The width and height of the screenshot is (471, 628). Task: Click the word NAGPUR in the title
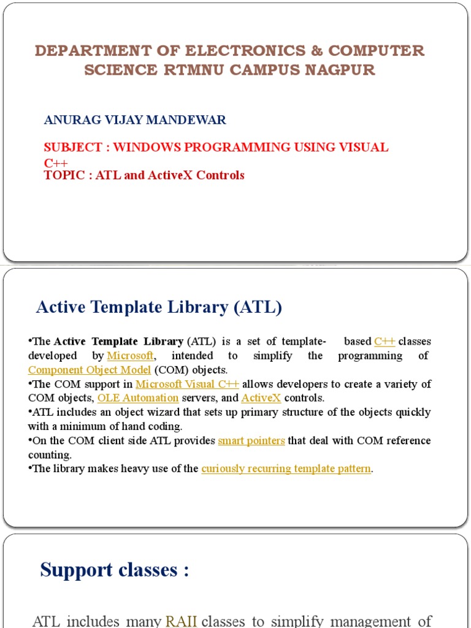click(345, 70)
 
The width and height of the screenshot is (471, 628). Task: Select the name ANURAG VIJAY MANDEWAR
click(135, 120)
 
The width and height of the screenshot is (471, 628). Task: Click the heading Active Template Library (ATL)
click(159, 307)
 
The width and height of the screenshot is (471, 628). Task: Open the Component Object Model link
click(90, 370)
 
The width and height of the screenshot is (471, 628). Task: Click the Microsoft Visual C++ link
click(187, 385)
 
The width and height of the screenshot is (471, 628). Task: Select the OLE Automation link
click(138, 398)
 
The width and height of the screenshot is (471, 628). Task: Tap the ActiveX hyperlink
click(261, 398)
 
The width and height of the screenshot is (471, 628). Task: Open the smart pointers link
click(251, 440)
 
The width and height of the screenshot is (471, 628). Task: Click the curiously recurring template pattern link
click(286, 469)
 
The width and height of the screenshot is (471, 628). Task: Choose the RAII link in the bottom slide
click(181, 621)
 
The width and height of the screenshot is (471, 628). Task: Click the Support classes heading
click(115, 570)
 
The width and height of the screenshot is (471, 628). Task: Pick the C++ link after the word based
click(385, 342)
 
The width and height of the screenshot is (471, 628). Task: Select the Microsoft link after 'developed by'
click(130, 356)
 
